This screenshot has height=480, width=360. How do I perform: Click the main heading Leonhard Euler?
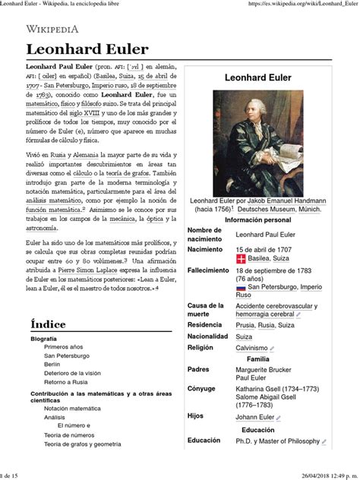coord(86,49)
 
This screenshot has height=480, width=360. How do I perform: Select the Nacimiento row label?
coord(207,249)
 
